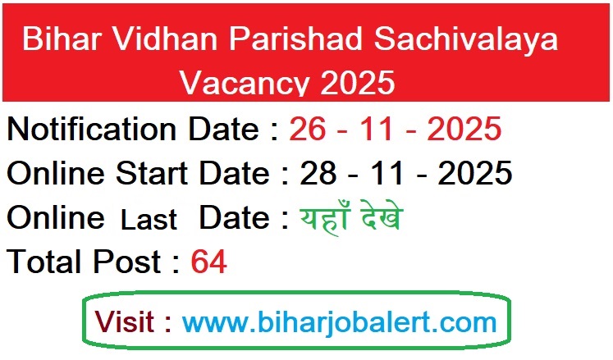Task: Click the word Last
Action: (149, 220)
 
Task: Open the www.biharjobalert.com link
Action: (339, 321)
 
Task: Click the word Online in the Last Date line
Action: (56, 218)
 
